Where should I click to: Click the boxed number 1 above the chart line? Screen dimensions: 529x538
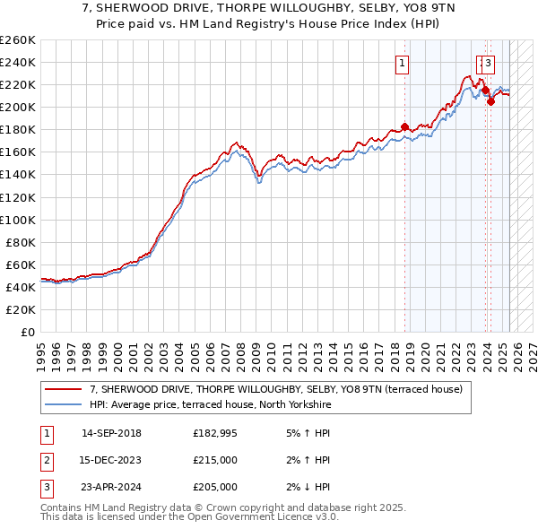(x=402, y=63)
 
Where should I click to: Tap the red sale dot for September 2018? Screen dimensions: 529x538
(x=404, y=126)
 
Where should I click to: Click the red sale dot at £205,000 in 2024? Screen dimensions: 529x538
(x=490, y=101)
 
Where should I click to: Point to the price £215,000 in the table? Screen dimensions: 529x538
(x=215, y=460)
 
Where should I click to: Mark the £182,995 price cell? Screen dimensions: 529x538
(x=215, y=434)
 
